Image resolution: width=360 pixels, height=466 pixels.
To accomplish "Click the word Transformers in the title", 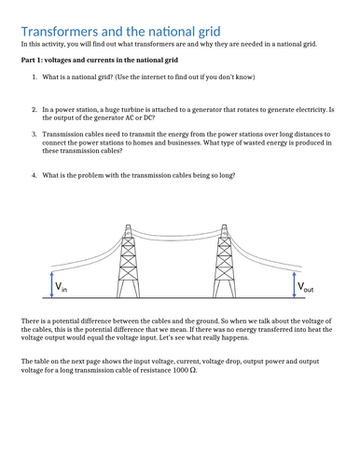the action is [60, 32].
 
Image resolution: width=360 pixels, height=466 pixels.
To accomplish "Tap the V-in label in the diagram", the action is [61, 287].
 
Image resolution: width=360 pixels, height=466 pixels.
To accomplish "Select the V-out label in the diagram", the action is [305, 287].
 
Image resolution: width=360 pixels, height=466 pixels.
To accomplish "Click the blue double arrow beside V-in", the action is [52, 285].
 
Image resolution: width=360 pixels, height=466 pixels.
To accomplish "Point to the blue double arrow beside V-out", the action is [294, 285].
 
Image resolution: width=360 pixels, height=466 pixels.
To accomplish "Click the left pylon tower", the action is [128, 261].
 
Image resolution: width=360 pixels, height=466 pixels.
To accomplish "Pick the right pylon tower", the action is [224, 261].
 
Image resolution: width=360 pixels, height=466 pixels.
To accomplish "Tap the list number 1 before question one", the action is [35, 77].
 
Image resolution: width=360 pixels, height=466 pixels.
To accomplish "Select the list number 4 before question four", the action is [35, 175].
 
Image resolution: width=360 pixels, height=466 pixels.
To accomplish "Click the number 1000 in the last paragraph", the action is [180, 370].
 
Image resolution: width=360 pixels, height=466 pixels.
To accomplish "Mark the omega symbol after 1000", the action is [193, 370].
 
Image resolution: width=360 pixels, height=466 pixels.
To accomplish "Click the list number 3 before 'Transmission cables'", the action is [35, 134].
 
